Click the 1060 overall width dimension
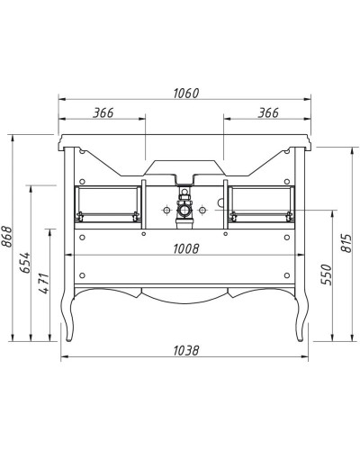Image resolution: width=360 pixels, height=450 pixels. click(x=184, y=94)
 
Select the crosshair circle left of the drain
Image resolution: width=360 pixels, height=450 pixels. click(x=166, y=211)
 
